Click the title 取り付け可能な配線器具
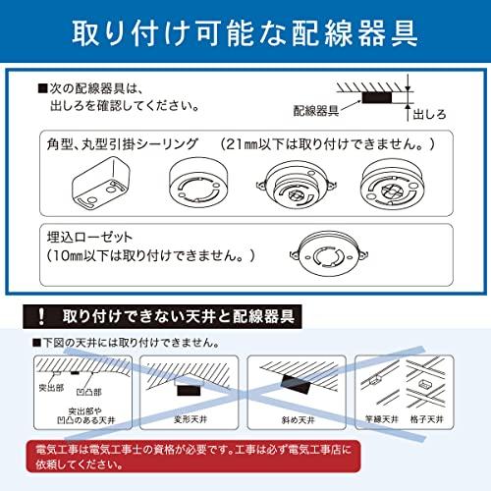pos(245,32)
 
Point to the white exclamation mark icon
pos(40,317)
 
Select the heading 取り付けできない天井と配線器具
pos(182,317)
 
